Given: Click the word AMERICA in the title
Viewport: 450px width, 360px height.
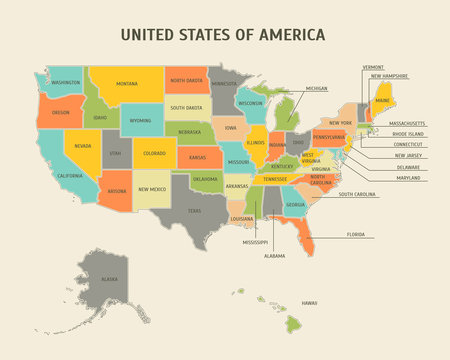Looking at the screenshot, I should [x=290, y=34].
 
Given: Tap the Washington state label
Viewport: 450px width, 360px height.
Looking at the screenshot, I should [x=66, y=82].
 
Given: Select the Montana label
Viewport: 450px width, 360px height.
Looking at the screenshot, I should [x=126, y=84].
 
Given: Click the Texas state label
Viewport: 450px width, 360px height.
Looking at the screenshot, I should [x=194, y=211].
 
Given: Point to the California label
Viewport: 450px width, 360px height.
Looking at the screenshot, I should [x=70, y=176].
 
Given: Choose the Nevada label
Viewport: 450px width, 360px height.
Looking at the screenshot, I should [x=82, y=146].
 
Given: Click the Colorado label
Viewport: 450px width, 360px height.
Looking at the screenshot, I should [x=154, y=153].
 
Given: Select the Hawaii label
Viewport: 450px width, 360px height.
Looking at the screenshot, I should [x=309, y=303].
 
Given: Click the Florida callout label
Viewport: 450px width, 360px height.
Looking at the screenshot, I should [x=356, y=234].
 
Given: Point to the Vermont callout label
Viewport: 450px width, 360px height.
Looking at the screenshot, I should [x=372, y=67].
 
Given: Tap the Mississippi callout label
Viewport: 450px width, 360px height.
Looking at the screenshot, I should [x=254, y=242].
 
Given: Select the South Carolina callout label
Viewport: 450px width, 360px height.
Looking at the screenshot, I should [x=357, y=194].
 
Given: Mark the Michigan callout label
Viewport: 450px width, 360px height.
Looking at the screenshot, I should [x=316, y=88].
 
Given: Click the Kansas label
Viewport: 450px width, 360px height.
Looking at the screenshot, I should [x=198, y=157].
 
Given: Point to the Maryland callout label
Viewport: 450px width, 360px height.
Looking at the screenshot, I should [x=408, y=177].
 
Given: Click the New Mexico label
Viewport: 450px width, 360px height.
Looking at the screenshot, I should [x=152, y=189].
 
